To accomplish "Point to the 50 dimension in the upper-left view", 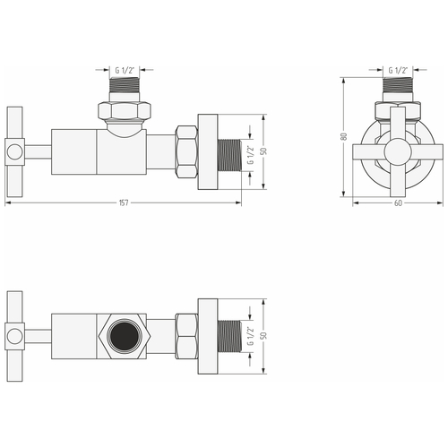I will coord(263,150).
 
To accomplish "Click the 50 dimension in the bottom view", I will coord(263,337).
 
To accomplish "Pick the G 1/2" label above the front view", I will coord(399,68).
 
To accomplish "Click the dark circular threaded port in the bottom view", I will coord(122,337).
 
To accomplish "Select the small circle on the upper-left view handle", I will coord(14,150).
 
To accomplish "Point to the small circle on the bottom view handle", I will coord(14,337).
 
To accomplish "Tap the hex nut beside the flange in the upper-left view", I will coord(188,150).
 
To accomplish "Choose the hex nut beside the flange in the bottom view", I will coord(188,337).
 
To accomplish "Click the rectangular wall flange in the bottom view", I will coord(208,337).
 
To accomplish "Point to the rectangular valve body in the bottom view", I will coord(76,337).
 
